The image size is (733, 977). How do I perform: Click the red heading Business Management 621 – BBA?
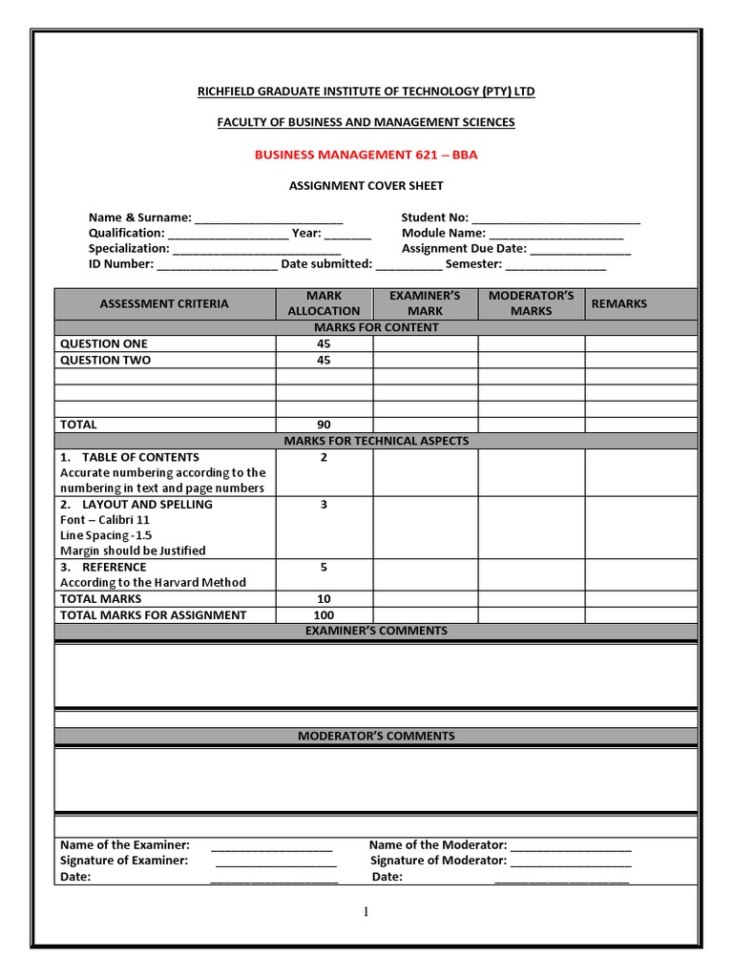click(366, 155)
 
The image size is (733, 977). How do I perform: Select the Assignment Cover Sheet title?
click(366, 186)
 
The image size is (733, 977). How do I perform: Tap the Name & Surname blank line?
click(268, 218)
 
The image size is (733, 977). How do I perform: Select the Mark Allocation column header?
click(324, 303)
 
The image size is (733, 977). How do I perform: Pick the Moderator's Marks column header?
click(531, 303)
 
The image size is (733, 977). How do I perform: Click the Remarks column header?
click(618, 303)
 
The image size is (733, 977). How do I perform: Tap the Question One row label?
click(104, 343)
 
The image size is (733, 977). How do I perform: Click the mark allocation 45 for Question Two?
click(324, 361)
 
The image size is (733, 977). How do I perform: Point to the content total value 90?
click(324, 425)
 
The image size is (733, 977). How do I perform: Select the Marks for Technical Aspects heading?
click(375, 441)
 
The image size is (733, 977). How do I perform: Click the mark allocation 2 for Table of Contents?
click(324, 458)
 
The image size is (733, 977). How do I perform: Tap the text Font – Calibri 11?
click(105, 520)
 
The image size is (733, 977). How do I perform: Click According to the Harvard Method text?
click(153, 582)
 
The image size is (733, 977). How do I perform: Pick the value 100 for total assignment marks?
click(324, 615)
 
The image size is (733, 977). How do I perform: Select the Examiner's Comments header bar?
click(375, 631)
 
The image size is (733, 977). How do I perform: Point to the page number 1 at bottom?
click(366, 912)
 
